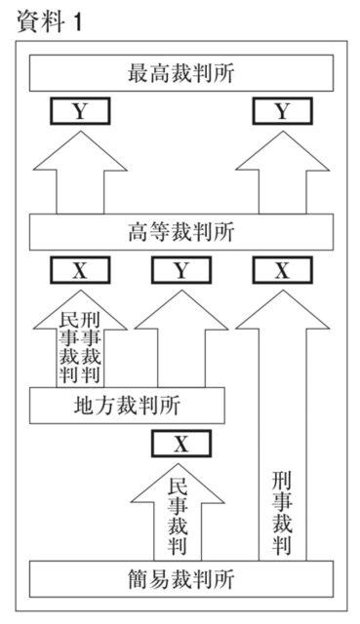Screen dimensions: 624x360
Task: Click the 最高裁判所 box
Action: pos(180,73)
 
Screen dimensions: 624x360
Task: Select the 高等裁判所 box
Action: pos(180,233)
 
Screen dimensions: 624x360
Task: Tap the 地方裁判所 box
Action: pos(127,405)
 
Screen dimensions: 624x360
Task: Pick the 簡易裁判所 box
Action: pos(180,578)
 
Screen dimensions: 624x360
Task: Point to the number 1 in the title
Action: pos(76,21)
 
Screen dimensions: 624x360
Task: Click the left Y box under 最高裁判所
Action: pos(80,111)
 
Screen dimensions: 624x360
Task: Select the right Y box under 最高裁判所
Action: pos(282,111)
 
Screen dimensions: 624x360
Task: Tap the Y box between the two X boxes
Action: pos(180,270)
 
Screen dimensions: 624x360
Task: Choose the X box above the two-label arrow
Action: pos(80,270)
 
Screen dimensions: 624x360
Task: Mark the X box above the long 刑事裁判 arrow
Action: pos(282,270)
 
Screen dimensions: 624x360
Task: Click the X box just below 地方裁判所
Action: pos(180,444)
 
